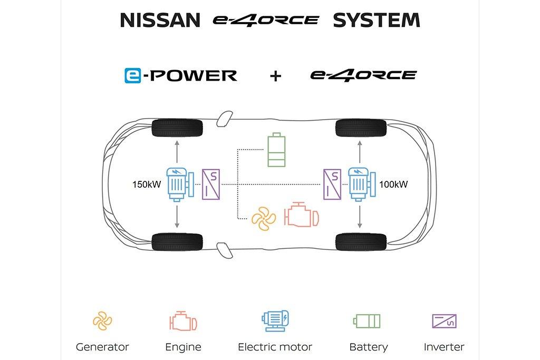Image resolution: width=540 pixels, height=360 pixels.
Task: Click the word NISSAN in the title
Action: tap(160, 21)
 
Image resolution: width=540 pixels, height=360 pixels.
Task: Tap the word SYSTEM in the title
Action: tap(377, 21)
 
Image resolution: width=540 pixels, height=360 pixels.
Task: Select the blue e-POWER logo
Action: tap(180, 75)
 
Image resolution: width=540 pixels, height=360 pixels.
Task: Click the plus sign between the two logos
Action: tap(275, 76)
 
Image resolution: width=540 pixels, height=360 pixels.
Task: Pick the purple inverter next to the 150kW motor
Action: tap(211, 184)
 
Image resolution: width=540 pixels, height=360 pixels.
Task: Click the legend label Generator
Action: tap(102, 347)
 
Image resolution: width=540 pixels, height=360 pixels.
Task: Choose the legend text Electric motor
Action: tap(275, 347)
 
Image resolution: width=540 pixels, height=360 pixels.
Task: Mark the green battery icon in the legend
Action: tap(367, 321)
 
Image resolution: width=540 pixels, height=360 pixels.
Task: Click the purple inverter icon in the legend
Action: tap(444, 321)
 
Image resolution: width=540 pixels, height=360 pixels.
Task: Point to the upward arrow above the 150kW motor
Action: tap(177, 151)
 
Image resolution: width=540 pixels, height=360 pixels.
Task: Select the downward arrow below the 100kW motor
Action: tap(360, 216)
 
